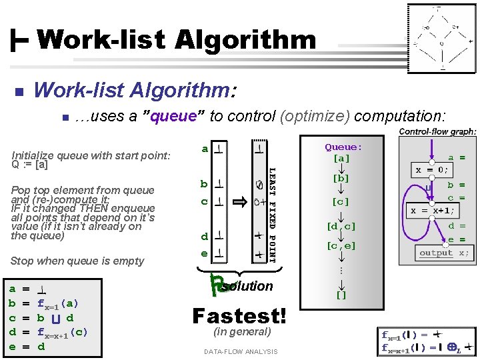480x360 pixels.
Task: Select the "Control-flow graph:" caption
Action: [437, 132]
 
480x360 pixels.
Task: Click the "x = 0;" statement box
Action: [437, 169]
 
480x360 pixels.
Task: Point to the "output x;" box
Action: [445, 253]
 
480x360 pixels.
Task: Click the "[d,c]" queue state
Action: [341, 227]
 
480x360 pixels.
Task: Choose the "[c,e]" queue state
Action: [341, 245]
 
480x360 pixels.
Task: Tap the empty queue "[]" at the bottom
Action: [341, 294]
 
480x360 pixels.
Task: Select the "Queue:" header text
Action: [343, 147]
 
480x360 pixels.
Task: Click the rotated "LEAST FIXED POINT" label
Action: [271, 213]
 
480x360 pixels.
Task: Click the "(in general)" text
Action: [241, 331]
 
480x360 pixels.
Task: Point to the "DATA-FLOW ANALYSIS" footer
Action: [241, 351]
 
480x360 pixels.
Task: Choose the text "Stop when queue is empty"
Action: [77, 261]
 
